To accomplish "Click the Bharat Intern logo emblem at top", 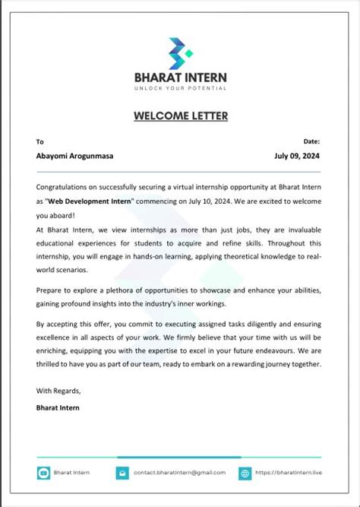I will pyautogui.click(x=180, y=52).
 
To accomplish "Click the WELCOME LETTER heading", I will pyautogui.click(x=180, y=116).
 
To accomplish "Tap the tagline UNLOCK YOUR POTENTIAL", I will pyautogui.click(x=180, y=88).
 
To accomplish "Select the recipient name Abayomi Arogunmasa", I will pyautogui.click(x=74, y=156).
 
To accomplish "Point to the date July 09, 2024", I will pyautogui.click(x=297, y=156).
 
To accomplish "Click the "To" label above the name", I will pyautogui.click(x=40, y=141).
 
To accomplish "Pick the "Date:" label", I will pyautogui.click(x=311, y=141).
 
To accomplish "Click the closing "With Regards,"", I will pyautogui.click(x=58, y=391).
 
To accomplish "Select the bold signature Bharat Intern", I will pyautogui.click(x=58, y=407).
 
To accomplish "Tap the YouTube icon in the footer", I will pyautogui.click(x=44, y=473).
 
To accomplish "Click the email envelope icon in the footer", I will pyautogui.click(x=122, y=473).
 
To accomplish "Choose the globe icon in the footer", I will pyautogui.click(x=245, y=473).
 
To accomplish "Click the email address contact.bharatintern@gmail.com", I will pyautogui.click(x=179, y=473).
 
